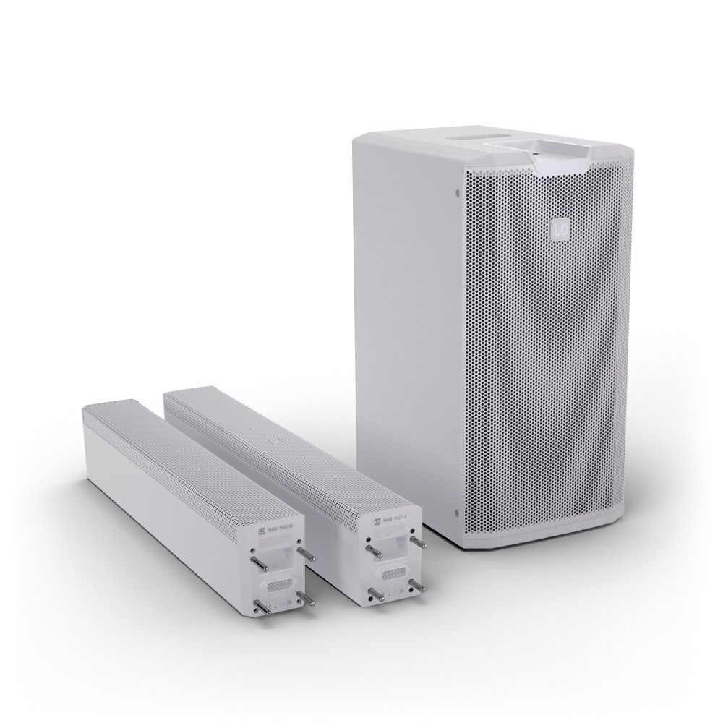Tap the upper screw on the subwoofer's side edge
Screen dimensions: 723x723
pyautogui.click(x=458, y=192)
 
